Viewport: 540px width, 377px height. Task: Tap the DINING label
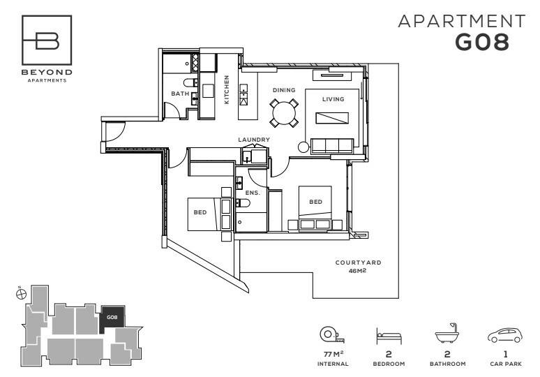pos(284,90)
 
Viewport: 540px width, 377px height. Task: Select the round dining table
pos(284,113)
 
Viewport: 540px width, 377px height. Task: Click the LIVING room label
pos(333,99)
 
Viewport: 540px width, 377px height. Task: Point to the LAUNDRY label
pos(254,140)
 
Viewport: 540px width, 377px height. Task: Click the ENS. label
pos(253,193)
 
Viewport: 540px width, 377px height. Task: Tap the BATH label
pos(180,94)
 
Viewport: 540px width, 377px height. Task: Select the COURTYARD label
pos(358,263)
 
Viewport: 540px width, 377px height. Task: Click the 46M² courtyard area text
pos(357,270)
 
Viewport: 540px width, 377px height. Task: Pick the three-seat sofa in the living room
pos(332,146)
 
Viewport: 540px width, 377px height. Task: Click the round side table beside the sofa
pos(303,147)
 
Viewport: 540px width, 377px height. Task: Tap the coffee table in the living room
pos(332,118)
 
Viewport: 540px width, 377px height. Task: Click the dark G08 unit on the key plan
pos(112,319)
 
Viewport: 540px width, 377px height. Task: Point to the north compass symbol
pos(22,294)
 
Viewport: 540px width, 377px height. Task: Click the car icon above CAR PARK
pos(505,335)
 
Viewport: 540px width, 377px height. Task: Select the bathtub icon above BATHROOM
pos(448,333)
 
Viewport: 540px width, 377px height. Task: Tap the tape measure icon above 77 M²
pos(332,334)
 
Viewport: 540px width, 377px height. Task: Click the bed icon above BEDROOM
pos(389,336)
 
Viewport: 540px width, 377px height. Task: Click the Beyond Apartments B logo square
pos(47,40)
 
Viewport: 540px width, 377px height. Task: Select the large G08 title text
pos(482,43)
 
